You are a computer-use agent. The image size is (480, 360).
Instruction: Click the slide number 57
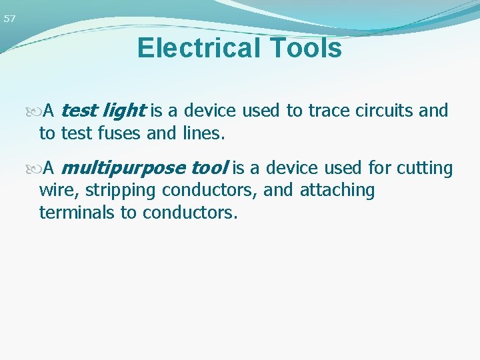coord(9,19)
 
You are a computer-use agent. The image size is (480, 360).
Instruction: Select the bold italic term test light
coord(103,111)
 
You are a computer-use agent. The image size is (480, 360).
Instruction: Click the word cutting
coord(425,168)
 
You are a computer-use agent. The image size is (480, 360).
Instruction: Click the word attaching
coord(337,191)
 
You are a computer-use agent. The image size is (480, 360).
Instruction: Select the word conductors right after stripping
coord(200,191)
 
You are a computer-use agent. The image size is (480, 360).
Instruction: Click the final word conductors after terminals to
coord(190,213)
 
